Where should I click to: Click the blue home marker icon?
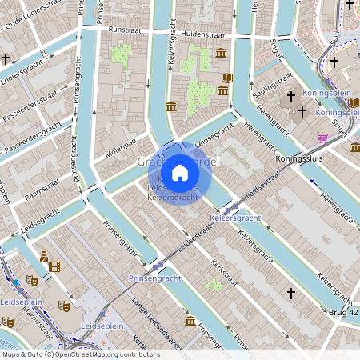(180, 173)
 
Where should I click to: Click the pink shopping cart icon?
(322, 138)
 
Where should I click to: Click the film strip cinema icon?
(54, 266)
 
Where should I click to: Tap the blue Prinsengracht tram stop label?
(154, 278)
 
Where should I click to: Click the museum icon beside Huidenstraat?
(220, 54)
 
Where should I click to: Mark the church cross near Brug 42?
(291, 294)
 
